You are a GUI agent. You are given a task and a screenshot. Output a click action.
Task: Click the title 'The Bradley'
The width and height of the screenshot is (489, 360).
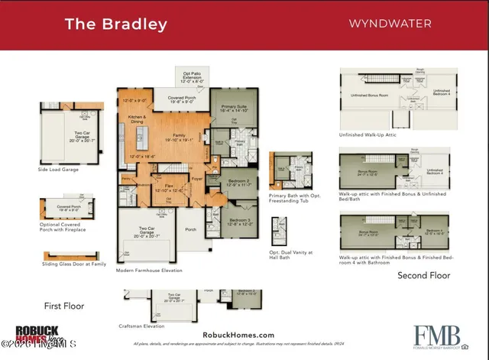point(115,24)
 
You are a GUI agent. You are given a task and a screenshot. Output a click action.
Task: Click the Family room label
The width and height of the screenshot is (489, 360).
point(181,136)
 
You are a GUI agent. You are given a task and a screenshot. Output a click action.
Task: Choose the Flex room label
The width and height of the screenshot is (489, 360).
point(170,186)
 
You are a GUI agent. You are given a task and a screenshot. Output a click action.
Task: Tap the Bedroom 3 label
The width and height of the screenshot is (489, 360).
point(241,222)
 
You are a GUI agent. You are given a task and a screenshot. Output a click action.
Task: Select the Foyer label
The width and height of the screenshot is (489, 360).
point(196,180)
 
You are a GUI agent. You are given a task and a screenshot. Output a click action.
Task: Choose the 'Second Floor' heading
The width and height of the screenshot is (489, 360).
point(423,275)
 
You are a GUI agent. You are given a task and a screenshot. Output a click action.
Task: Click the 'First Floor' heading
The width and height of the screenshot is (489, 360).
point(63,306)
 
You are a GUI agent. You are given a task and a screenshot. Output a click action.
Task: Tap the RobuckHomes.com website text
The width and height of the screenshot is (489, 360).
point(238,335)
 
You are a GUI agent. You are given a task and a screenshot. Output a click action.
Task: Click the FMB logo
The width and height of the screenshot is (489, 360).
point(437,335)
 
